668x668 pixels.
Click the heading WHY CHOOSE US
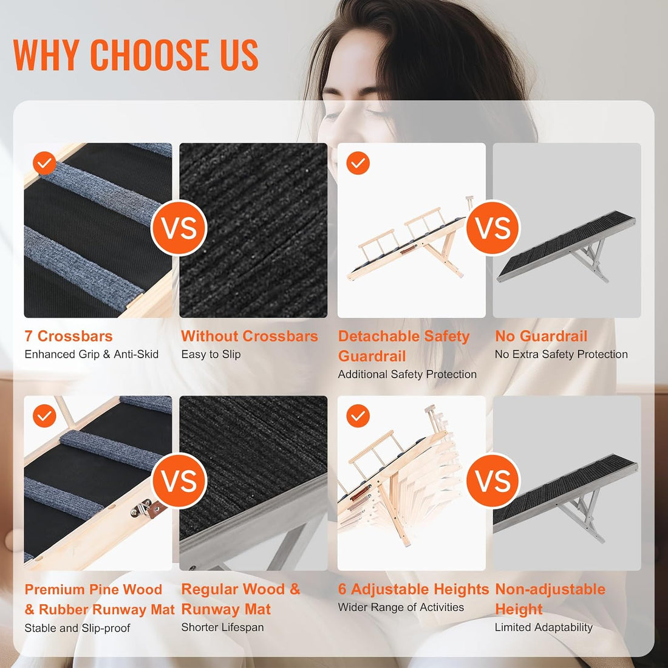135,54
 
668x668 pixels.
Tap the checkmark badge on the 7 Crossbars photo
44,163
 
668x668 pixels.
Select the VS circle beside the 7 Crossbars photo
179,228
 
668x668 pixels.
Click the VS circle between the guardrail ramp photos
493,228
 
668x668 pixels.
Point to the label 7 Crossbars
69,336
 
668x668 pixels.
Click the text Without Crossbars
250,336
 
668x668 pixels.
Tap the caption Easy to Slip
211,355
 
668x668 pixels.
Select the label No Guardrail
541,336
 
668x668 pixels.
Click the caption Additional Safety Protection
407,375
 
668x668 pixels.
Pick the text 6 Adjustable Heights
413,589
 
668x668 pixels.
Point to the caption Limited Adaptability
544,627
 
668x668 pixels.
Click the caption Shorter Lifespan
222,627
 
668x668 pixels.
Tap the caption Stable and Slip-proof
77,628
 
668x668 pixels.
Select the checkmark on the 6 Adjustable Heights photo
358,416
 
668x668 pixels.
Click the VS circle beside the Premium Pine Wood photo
179,481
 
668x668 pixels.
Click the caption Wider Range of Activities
401,607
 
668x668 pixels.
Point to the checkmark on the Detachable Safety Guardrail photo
358,163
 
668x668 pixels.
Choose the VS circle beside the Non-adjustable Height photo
493,481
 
